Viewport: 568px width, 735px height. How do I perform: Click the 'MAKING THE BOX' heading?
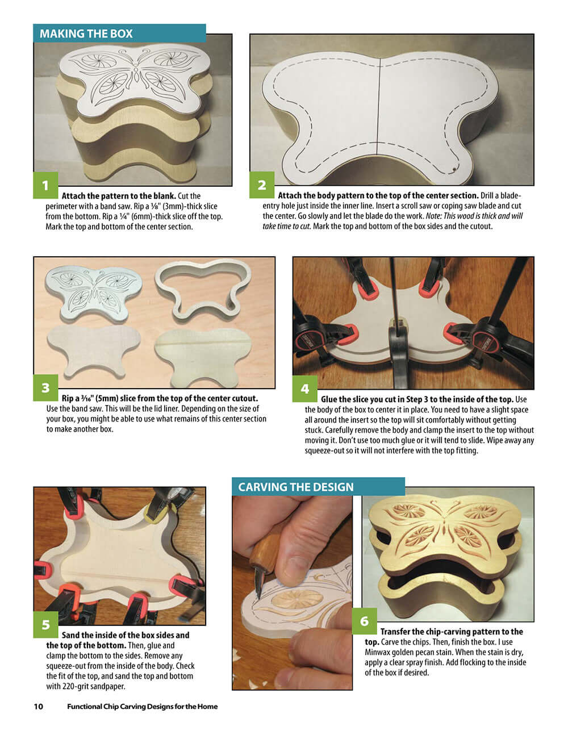click(86, 34)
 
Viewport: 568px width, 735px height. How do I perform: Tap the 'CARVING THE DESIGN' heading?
click(295, 487)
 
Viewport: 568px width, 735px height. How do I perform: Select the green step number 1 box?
click(46, 185)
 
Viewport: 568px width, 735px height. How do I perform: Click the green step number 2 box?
click(262, 185)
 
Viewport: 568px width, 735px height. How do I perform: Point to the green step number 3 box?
click(46, 388)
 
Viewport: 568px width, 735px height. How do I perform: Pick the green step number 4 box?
click(305, 389)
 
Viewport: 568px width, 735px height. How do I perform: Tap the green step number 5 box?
click(46, 625)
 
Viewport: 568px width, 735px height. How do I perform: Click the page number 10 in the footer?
click(39, 707)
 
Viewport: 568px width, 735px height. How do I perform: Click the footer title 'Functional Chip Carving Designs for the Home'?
click(142, 707)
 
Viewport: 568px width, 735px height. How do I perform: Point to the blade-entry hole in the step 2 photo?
click(454, 168)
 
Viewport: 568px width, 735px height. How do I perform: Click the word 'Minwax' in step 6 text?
click(378, 652)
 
